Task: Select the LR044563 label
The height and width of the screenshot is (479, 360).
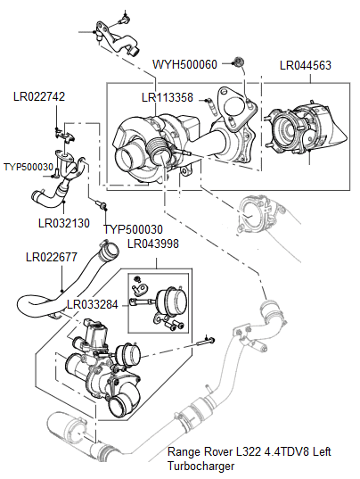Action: click(306, 65)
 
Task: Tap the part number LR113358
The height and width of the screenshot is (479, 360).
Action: click(167, 98)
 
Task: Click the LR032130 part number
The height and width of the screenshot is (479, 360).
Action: click(64, 224)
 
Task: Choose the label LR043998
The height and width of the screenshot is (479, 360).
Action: click(152, 244)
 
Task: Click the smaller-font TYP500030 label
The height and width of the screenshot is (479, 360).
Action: click(29, 167)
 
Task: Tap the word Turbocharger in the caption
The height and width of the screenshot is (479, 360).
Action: click(204, 465)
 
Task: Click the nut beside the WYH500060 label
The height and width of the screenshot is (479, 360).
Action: click(237, 62)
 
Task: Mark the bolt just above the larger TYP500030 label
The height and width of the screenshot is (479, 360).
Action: click(105, 210)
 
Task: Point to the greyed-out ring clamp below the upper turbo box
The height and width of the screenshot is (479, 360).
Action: click(258, 212)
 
